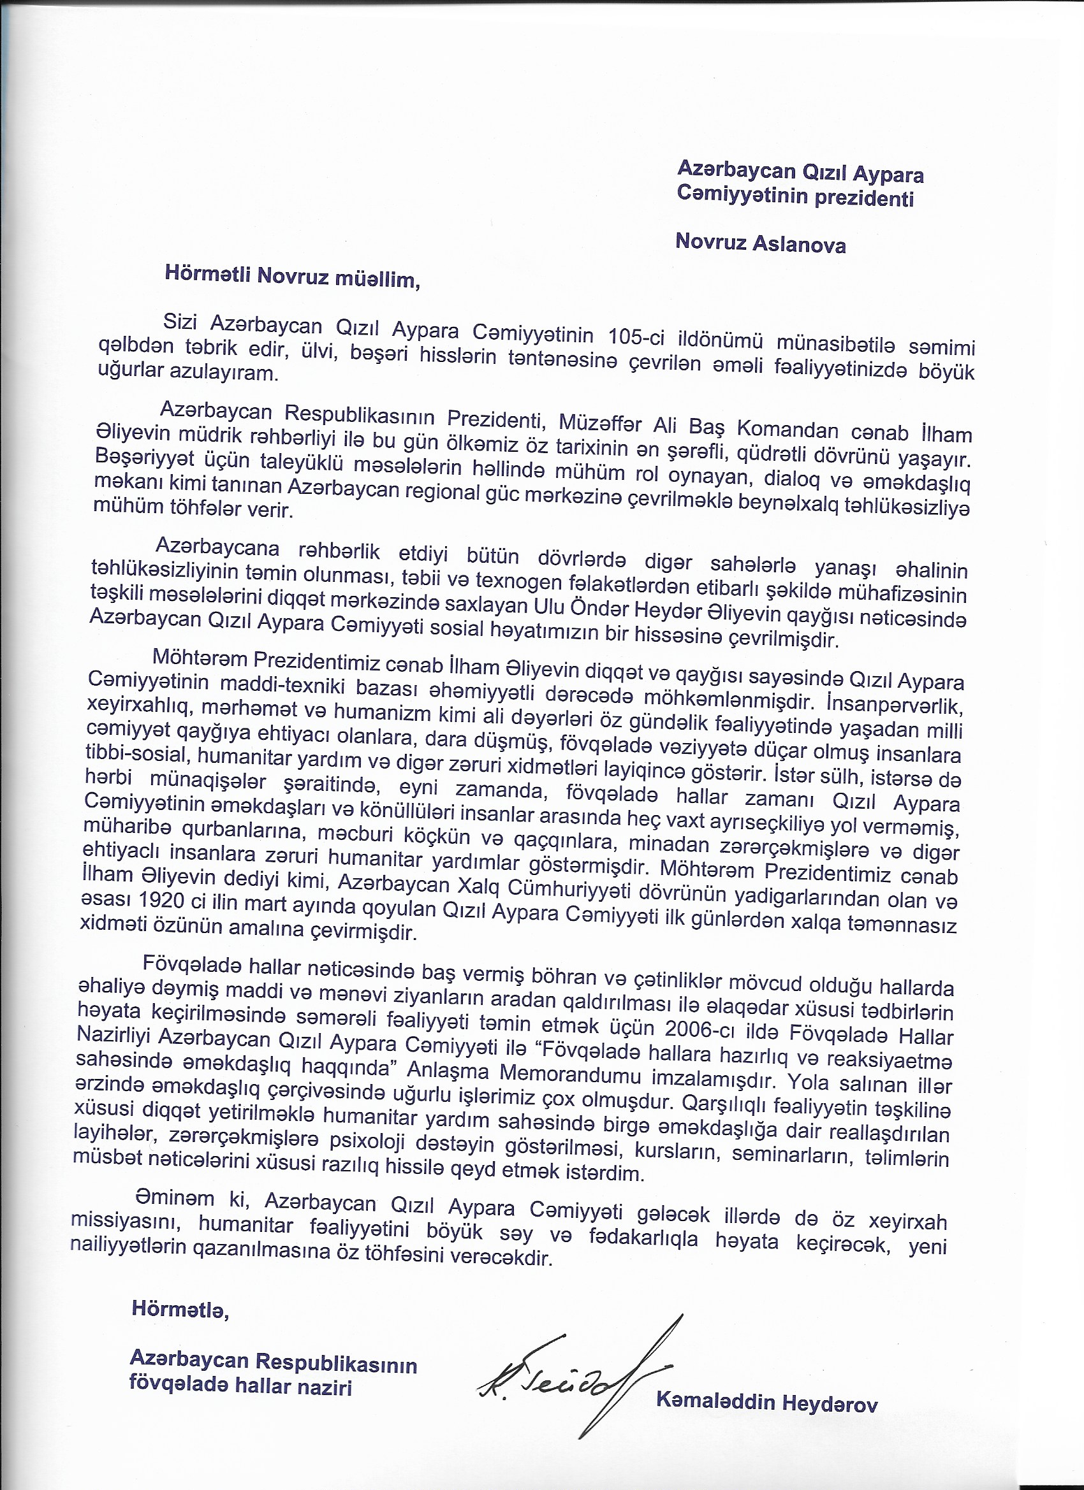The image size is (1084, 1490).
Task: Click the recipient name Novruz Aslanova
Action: click(x=760, y=243)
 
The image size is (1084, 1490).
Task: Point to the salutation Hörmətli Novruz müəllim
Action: click(x=291, y=277)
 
